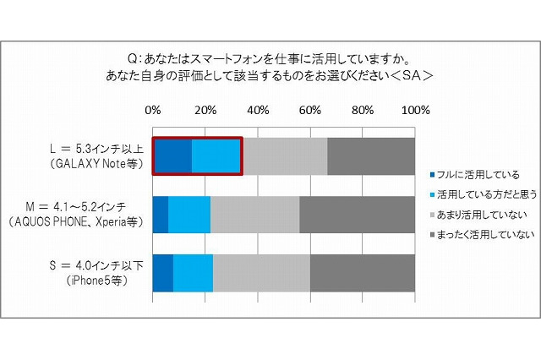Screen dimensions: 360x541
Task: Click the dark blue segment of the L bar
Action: click(x=172, y=156)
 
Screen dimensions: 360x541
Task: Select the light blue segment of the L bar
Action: click(x=216, y=156)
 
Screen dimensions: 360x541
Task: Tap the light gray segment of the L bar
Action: click(x=285, y=156)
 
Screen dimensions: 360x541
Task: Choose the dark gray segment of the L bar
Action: click(x=371, y=156)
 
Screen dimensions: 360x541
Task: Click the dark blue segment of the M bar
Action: click(x=161, y=214)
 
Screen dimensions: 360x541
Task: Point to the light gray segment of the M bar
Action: click(x=255, y=214)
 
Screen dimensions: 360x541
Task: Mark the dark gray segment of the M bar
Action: click(x=358, y=214)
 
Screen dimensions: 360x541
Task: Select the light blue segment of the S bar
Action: click(x=194, y=272)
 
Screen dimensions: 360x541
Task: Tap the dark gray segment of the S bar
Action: click(x=363, y=272)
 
